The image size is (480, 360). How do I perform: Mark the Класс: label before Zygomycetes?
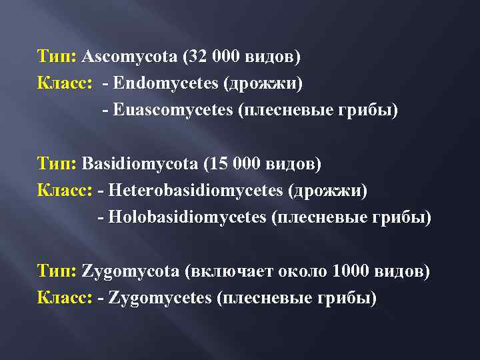click(x=65, y=298)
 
